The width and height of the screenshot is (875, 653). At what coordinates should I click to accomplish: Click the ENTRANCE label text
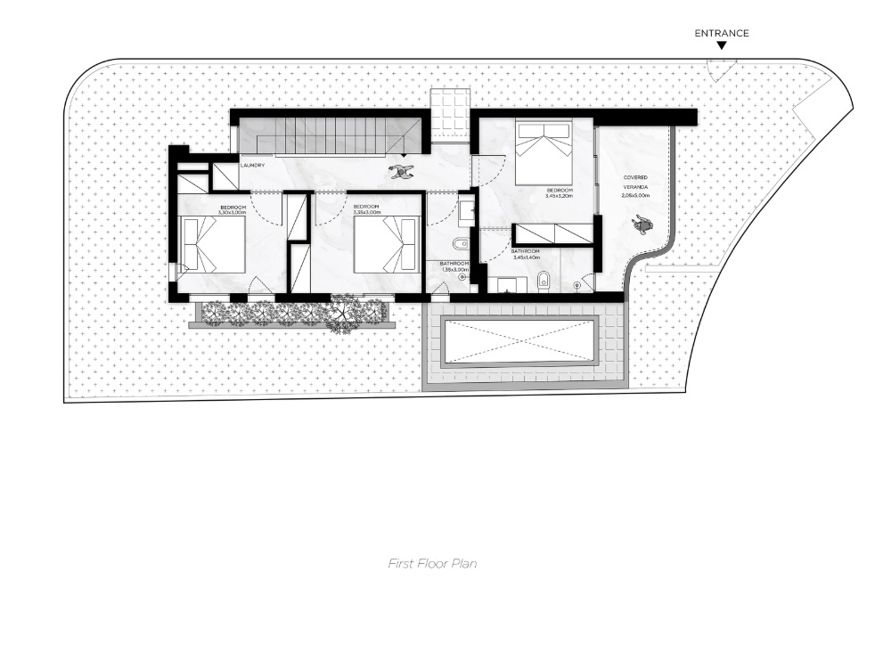pyautogui.click(x=721, y=34)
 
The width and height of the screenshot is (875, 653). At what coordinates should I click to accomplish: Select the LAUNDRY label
pyautogui.click(x=252, y=165)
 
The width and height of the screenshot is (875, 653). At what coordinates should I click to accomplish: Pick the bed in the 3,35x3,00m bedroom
pyautogui.click(x=385, y=245)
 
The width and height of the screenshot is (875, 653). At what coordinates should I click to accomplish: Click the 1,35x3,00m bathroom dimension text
pyautogui.click(x=454, y=269)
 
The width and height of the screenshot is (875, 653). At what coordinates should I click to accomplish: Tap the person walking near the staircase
pyautogui.click(x=402, y=172)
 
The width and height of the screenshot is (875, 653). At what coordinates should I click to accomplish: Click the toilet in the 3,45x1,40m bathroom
pyautogui.click(x=545, y=282)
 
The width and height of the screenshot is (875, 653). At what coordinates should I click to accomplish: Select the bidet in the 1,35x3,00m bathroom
pyautogui.click(x=457, y=245)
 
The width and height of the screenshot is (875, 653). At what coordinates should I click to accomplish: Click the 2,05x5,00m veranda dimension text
pyautogui.click(x=635, y=195)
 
